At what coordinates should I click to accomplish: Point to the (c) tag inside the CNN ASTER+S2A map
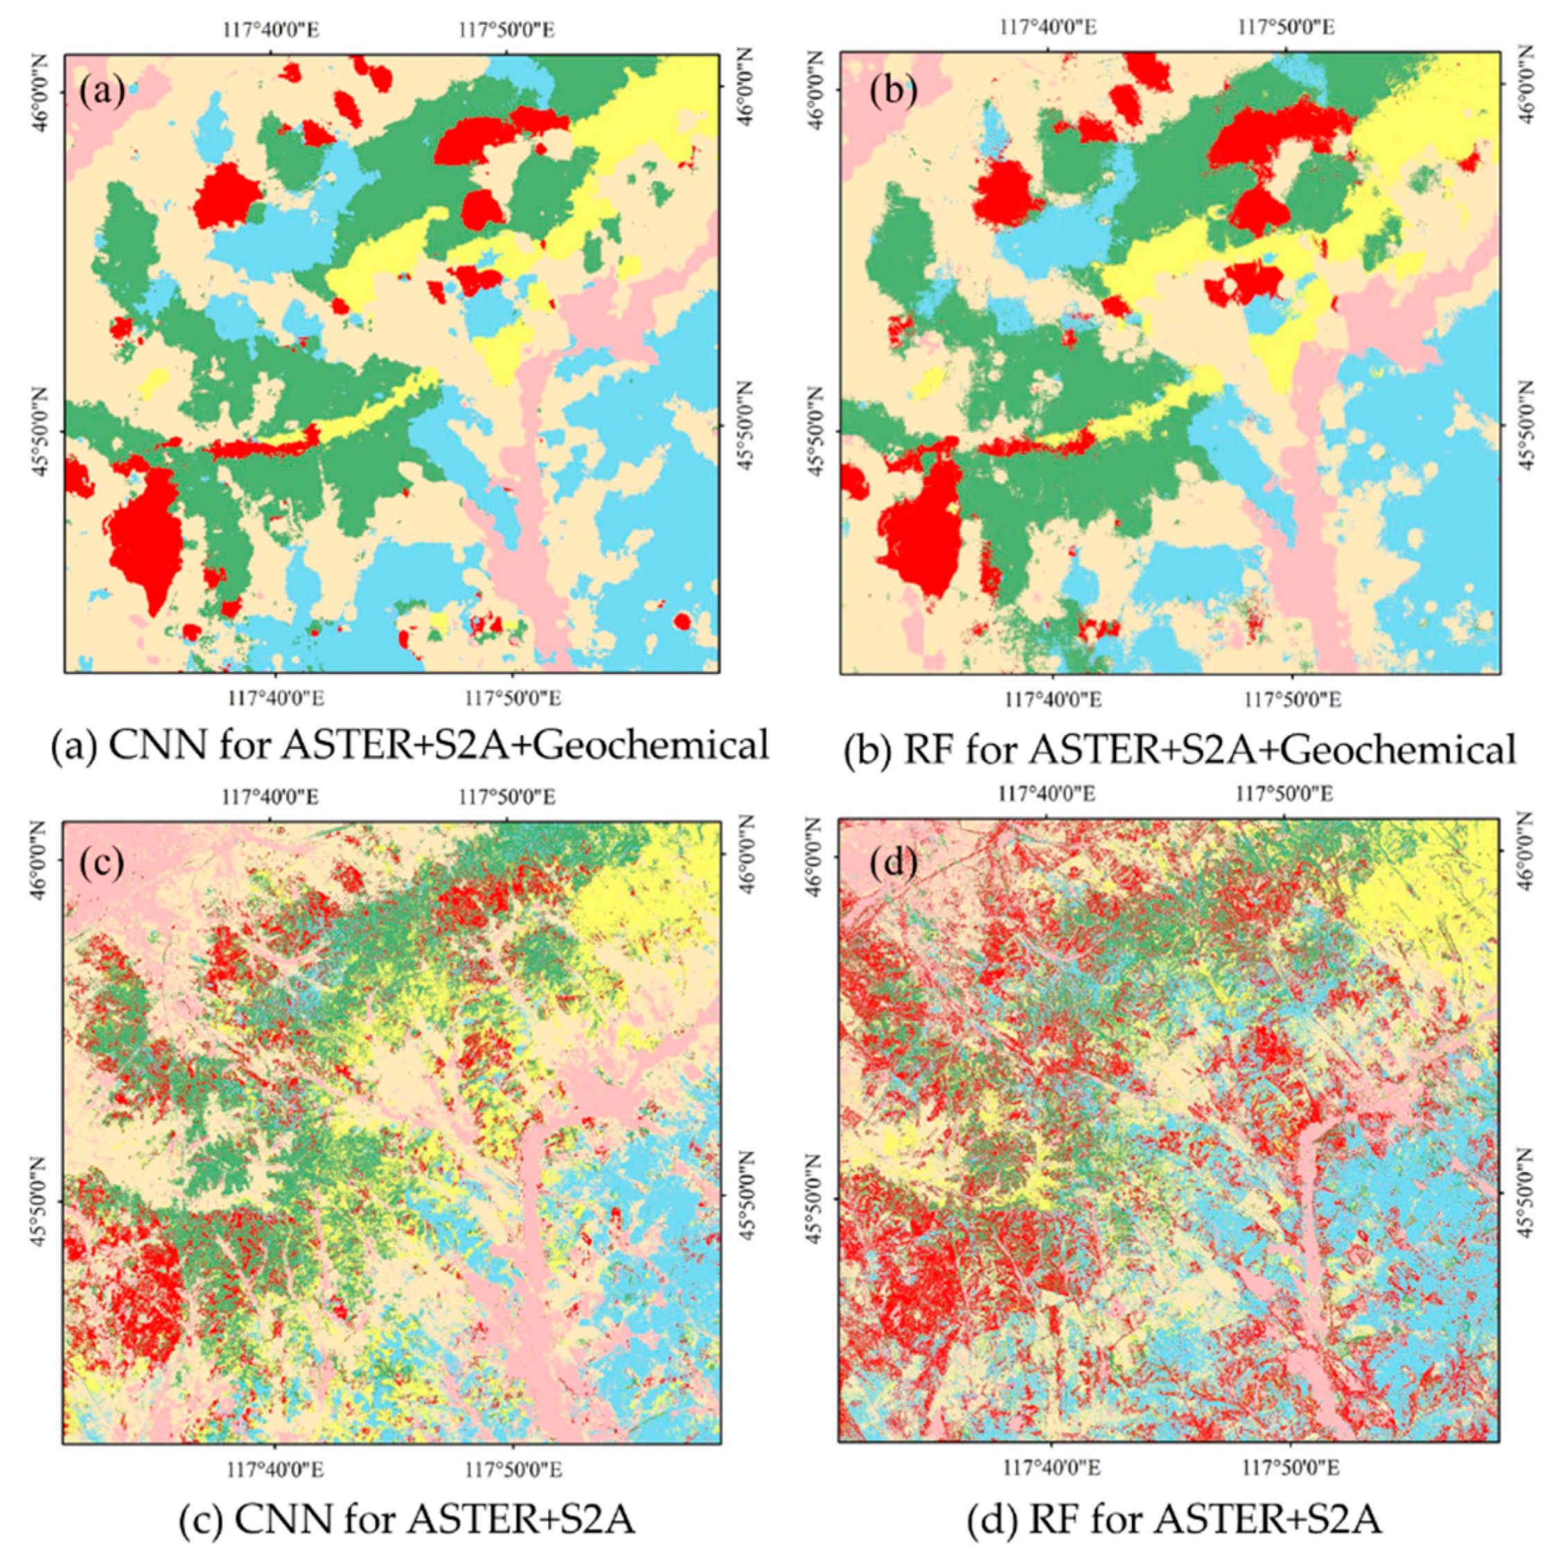(x=103, y=862)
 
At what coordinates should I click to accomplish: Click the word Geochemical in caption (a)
(x=649, y=746)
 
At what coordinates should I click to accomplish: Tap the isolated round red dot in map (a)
(x=682, y=621)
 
